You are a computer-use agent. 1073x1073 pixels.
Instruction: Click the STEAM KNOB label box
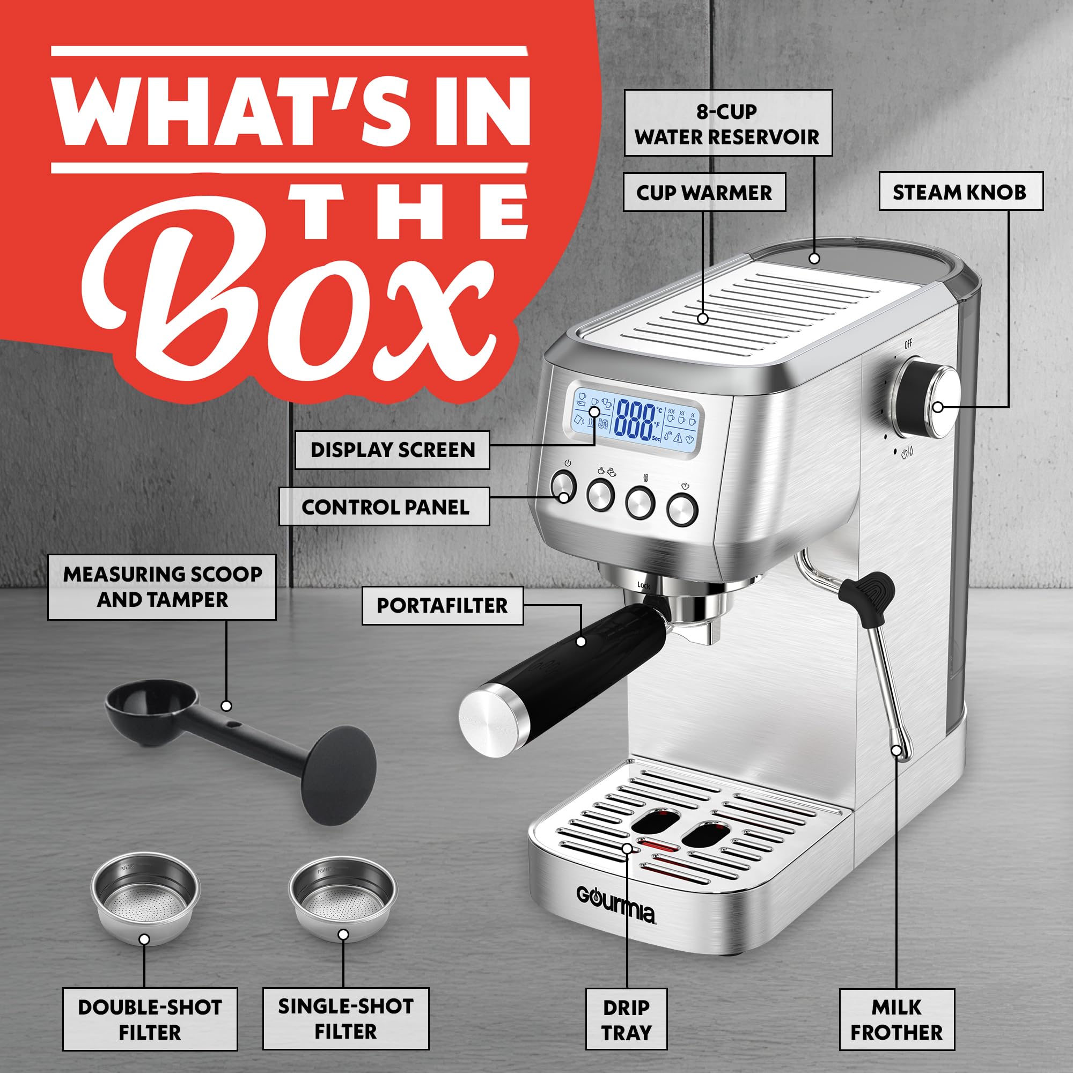pos(960,192)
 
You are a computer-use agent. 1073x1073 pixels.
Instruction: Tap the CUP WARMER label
pos(704,192)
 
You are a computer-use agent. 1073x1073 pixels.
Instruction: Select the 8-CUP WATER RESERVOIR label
pos(727,123)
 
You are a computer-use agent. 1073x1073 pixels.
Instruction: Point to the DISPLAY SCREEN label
pos(392,449)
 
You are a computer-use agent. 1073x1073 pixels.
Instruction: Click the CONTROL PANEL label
pos(384,506)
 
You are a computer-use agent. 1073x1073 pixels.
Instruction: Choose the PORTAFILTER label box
pos(442,605)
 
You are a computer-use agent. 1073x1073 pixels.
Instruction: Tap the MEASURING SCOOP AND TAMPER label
pos(161,586)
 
